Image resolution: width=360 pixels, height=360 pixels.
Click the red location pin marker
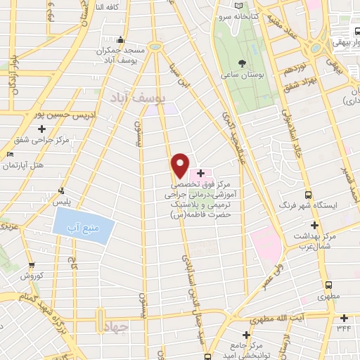(180, 166)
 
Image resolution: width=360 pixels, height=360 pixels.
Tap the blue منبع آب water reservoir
(83, 226)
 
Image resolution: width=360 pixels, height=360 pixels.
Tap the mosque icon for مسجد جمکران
(122, 39)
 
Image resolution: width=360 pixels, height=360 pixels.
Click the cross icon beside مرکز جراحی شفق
(43, 129)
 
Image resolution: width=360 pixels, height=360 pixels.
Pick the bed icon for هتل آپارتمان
(10, 154)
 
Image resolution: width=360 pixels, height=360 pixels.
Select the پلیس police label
(73, 200)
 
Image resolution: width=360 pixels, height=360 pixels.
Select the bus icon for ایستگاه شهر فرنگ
(307, 194)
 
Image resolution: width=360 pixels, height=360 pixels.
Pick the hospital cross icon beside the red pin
(200, 173)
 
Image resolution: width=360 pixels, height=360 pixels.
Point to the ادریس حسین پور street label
(35, 112)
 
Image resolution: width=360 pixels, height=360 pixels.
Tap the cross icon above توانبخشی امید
(246, 335)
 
